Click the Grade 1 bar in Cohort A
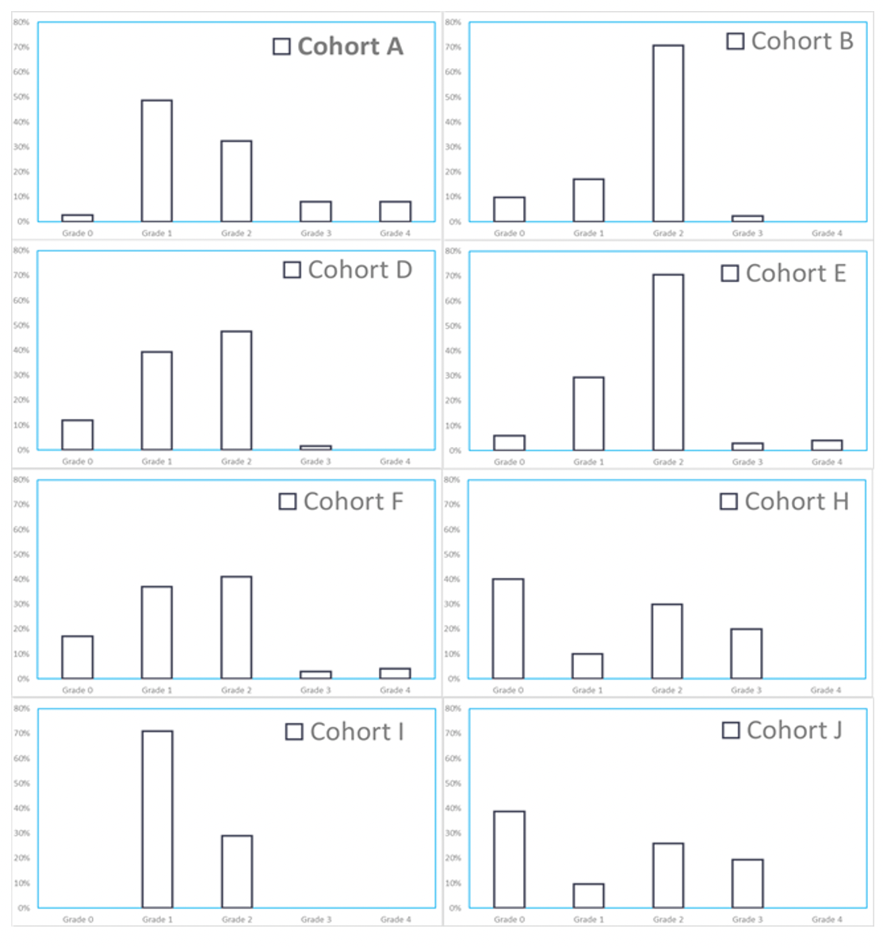click(156, 161)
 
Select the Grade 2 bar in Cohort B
click(667, 134)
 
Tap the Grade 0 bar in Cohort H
click(508, 629)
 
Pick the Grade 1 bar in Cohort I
click(157, 819)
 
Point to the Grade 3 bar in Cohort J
click(747, 883)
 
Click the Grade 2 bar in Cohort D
click(236, 391)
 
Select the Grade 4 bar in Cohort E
click(827, 445)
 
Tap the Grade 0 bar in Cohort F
click(77, 657)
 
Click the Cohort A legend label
click(350, 47)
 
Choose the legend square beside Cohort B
click(735, 41)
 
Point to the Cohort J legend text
click(794, 730)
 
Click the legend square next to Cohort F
click(288, 502)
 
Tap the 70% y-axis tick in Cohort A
click(22, 48)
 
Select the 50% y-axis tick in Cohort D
click(21, 326)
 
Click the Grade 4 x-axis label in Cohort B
click(827, 233)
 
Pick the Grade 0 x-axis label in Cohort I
click(78, 919)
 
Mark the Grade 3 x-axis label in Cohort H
click(746, 690)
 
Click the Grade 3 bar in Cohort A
click(315, 211)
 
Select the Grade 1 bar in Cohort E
click(588, 414)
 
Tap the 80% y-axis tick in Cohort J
click(453, 709)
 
